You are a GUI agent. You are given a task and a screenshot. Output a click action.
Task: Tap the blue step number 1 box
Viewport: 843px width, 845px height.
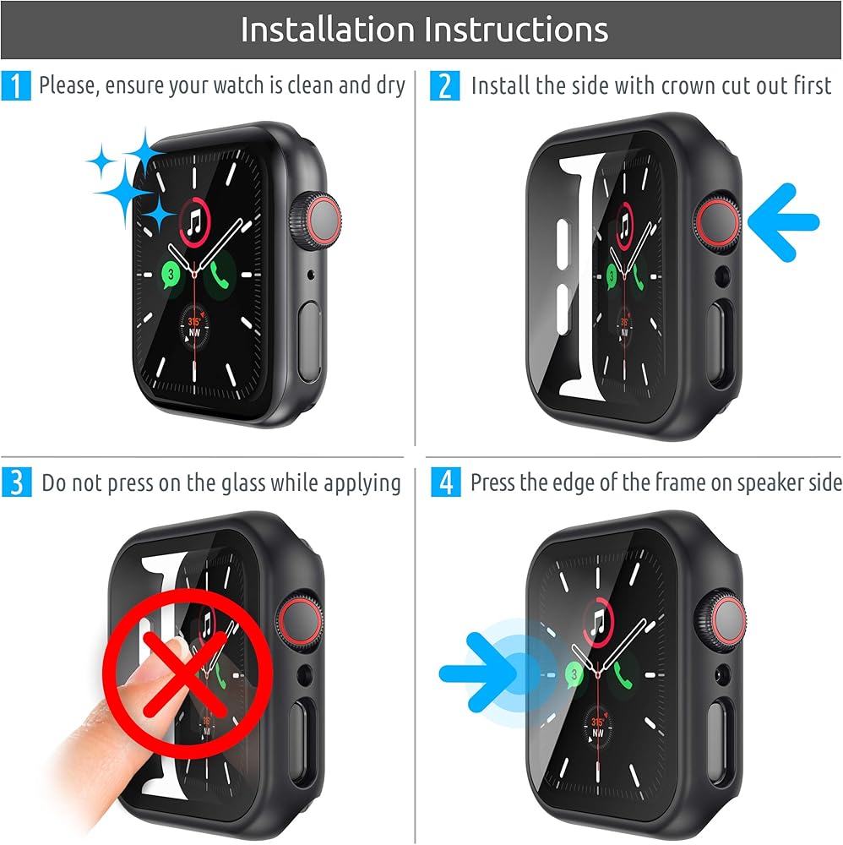15,85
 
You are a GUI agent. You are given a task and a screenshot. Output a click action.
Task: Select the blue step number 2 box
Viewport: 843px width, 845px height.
444,85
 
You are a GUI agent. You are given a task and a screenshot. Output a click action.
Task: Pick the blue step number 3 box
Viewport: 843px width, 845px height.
16,482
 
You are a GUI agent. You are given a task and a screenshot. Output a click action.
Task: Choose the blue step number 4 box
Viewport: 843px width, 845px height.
445,482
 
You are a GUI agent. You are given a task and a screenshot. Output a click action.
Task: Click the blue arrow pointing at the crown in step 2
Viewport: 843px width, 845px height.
784,222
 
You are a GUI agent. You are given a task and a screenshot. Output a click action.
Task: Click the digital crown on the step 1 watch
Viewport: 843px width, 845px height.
315,221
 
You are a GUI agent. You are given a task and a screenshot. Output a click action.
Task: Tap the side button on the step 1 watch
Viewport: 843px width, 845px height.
310,343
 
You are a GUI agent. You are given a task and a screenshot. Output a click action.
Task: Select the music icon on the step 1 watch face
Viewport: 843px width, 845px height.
194,222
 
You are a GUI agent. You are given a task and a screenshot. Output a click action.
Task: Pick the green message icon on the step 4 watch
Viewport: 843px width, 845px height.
574,674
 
